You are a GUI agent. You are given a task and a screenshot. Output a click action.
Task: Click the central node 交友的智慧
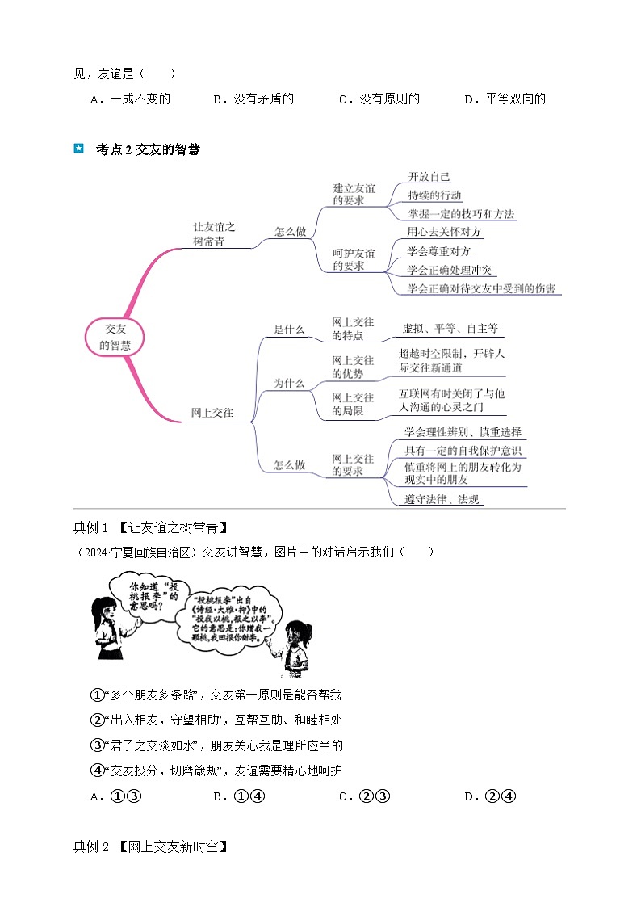pos(115,337)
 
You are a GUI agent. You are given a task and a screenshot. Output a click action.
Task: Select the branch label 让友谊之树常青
pos(214,235)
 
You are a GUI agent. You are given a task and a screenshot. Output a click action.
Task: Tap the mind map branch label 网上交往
pos(212,413)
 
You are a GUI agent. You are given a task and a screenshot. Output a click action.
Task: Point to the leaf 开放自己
pos(429,177)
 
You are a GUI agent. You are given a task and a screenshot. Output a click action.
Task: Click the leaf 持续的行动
pos(435,195)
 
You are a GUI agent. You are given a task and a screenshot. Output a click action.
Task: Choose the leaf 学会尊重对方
pos(440,252)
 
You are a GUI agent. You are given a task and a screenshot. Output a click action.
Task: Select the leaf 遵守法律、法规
pos(443,499)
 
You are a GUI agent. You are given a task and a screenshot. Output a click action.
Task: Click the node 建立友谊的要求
pos(354,195)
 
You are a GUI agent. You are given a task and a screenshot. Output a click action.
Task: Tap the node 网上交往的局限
pos(353,404)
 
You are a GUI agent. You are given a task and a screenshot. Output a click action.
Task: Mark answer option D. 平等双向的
pos(505,99)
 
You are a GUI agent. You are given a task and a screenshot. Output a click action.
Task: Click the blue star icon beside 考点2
pos(78,149)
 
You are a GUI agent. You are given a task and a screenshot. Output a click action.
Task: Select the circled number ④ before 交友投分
pos(97,771)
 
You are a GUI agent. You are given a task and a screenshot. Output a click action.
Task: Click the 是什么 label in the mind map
pos(289,329)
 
